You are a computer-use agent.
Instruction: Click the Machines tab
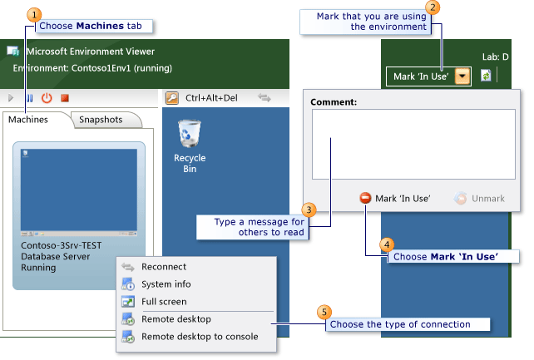click(x=28, y=120)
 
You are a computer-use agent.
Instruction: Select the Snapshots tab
click(x=101, y=120)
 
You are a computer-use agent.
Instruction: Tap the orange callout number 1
click(x=33, y=14)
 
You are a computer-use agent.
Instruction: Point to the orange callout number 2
click(x=432, y=7)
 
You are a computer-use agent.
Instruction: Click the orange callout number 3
click(x=309, y=210)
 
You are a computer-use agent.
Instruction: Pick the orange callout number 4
click(x=386, y=244)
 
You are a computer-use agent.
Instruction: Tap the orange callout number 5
click(x=324, y=313)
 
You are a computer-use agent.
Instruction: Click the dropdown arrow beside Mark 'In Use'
click(x=462, y=76)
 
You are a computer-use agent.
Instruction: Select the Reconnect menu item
click(x=164, y=267)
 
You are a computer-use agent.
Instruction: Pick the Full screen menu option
click(x=164, y=302)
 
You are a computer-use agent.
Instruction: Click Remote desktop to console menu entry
click(x=199, y=337)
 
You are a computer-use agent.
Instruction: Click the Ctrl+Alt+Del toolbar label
click(x=211, y=97)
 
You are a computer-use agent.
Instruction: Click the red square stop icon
click(x=65, y=97)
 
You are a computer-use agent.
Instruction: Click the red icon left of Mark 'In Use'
click(x=365, y=198)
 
